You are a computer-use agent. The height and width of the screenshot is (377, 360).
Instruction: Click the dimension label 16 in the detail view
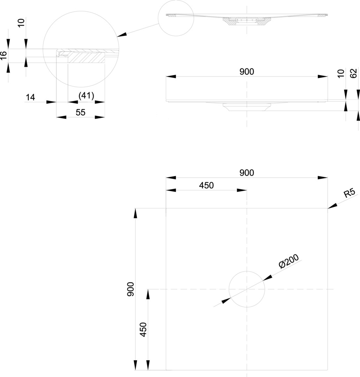click(x=3, y=56)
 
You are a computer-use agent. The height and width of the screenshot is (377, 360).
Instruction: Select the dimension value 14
click(x=31, y=97)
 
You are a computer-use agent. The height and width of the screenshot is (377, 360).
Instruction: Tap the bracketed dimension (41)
click(x=86, y=96)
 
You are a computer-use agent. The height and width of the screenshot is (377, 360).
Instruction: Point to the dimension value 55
click(x=81, y=112)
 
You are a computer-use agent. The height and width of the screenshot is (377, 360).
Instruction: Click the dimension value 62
click(x=353, y=73)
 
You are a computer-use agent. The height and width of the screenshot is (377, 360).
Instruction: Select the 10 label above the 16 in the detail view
click(x=21, y=23)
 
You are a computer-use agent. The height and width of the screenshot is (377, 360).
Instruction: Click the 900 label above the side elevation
click(x=247, y=72)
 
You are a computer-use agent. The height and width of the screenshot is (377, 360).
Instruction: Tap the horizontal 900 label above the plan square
click(x=247, y=172)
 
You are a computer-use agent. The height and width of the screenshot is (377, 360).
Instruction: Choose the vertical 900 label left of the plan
click(x=131, y=289)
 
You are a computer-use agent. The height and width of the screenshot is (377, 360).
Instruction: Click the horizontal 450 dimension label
click(x=206, y=185)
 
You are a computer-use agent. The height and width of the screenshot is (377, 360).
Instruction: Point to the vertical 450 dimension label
click(x=143, y=330)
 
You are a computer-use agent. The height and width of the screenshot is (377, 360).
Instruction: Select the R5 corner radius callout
click(x=349, y=193)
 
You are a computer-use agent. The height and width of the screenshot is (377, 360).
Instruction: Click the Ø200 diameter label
click(x=289, y=262)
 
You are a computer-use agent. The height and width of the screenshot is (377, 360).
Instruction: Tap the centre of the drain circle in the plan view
click(x=247, y=289)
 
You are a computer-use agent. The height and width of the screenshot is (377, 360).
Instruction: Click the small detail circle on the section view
click(x=176, y=18)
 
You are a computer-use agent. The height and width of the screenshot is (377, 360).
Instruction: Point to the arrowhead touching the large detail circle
click(x=121, y=35)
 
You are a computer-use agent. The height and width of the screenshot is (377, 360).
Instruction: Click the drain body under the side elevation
click(x=247, y=107)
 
